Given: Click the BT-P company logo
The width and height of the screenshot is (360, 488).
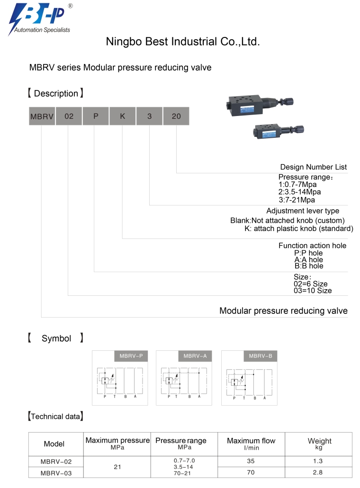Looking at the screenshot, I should pyautogui.click(x=40, y=18).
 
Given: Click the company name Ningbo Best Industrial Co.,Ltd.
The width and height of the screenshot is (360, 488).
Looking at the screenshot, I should pyautogui.click(x=182, y=42).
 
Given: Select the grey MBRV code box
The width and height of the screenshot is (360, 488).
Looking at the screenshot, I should pyautogui.click(x=42, y=116).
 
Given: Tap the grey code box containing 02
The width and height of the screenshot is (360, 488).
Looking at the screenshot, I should pyautogui.click(x=69, y=116).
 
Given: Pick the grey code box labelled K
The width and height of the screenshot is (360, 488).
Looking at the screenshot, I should pyautogui.click(x=122, y=116).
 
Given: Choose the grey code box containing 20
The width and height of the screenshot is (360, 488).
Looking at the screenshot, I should pyautogui.click(x=176, y=116).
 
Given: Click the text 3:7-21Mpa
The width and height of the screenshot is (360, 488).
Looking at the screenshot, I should pyautogui.click(x=297, y=199).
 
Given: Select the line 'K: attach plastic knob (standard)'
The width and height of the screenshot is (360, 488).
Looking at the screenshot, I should pyautogui.click(x=299, y=229).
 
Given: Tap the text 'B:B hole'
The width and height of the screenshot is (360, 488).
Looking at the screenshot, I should pyautogui.click(x=309, y=266).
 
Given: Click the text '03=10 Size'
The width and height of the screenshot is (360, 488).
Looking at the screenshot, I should pyautogui.click(x=313, y=291).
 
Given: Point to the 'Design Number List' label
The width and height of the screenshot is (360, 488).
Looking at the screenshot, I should pyautogui.click(x=314, y=167).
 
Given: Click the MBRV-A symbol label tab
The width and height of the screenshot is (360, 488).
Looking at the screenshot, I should pyautogui.click(x=195, y=356).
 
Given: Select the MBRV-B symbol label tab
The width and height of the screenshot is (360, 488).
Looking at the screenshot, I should pyautogui.click(x=260, y=356).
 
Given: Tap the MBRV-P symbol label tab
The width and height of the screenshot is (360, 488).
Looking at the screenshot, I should pyautogui.click(x=130, y=356).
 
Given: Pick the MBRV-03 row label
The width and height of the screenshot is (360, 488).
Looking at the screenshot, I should pyautogui.click(x=56, y=472).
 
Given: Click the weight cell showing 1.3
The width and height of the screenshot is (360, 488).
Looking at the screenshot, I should pyautogui.click(x=318, y=461).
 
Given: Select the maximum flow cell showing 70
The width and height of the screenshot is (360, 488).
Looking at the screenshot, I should pyautogui.click(x=251, y=472).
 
